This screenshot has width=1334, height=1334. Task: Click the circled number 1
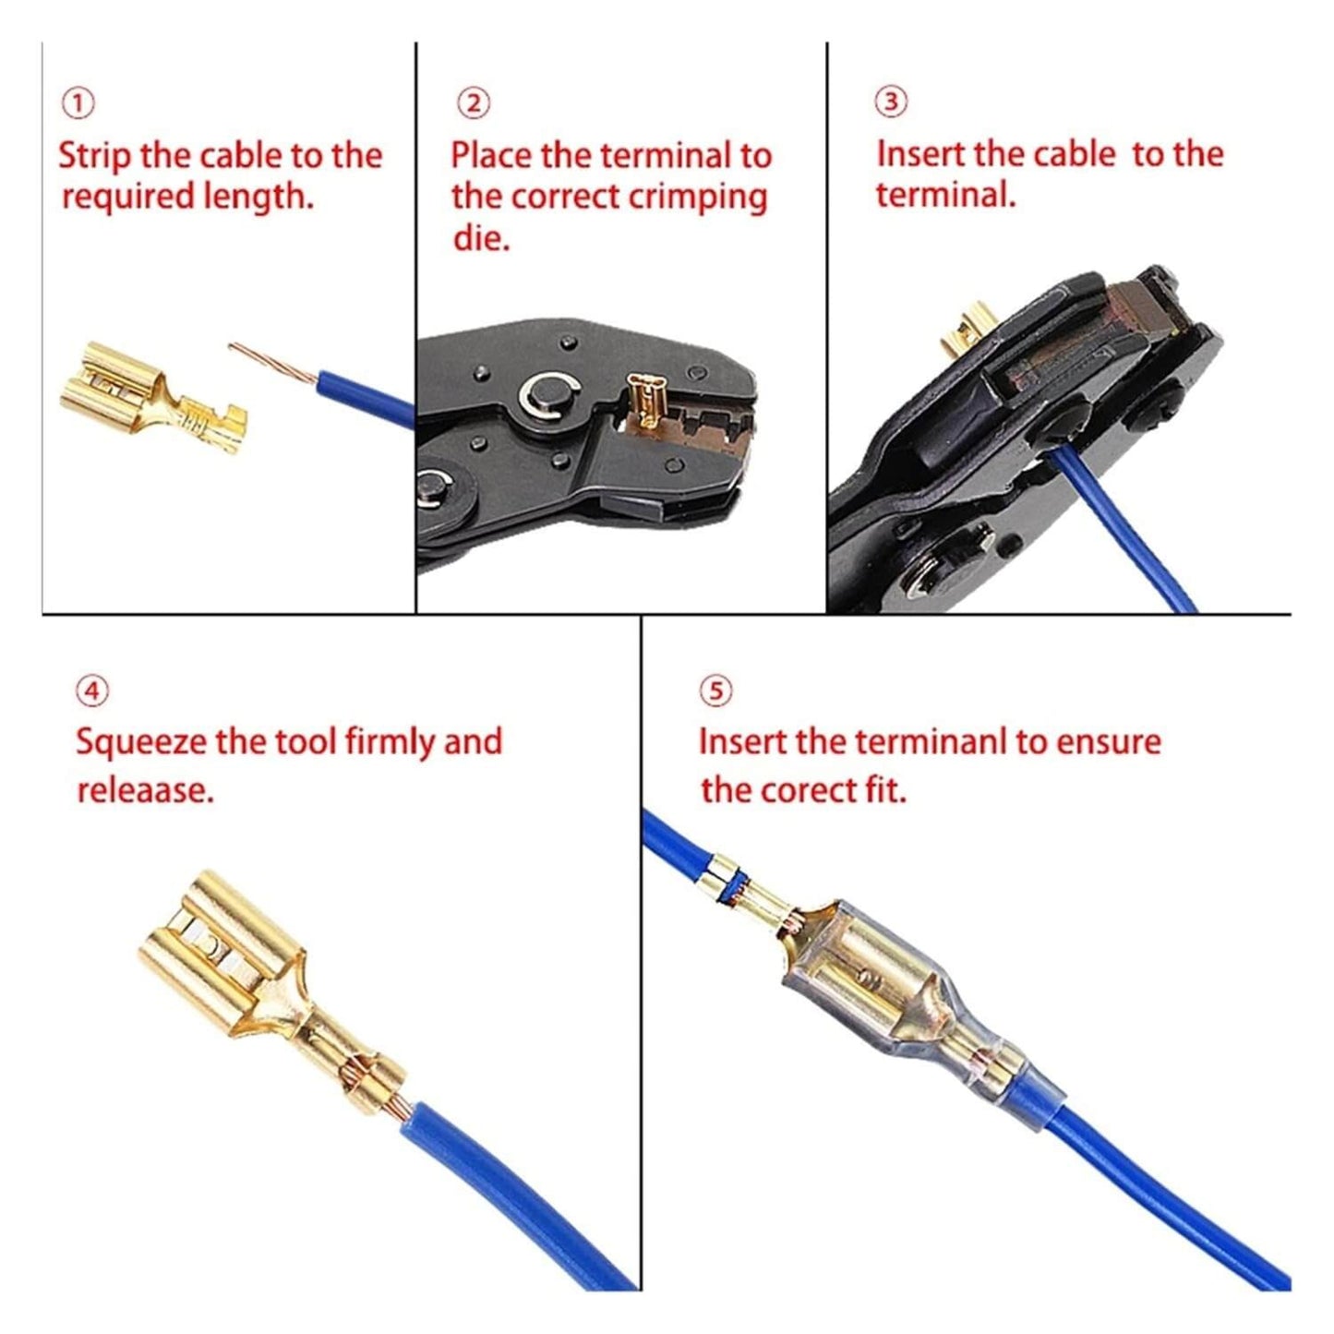coord(79,103)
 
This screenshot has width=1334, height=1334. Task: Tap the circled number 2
coord(475,103)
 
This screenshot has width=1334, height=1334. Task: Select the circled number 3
coord(891,102)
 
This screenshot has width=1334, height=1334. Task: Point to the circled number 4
coord(92,691)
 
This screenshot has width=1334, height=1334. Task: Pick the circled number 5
coord(716,691)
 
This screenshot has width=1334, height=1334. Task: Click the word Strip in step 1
coord(94,156)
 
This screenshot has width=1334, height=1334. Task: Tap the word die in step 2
coord(480,239)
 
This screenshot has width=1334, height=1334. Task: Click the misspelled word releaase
coord(145,790)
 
